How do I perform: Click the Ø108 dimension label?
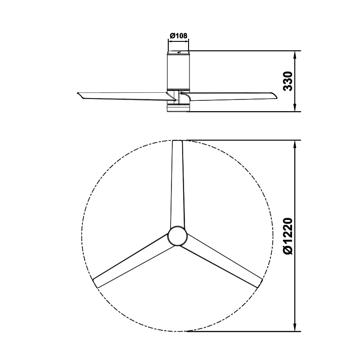pos(178,36)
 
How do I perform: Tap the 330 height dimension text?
pos(288,81)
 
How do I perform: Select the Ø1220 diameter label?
pos(288,236)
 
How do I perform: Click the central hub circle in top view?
pos(177,236)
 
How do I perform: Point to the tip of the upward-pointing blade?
pos(177,141)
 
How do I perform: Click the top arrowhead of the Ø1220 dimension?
pos(295,144)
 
